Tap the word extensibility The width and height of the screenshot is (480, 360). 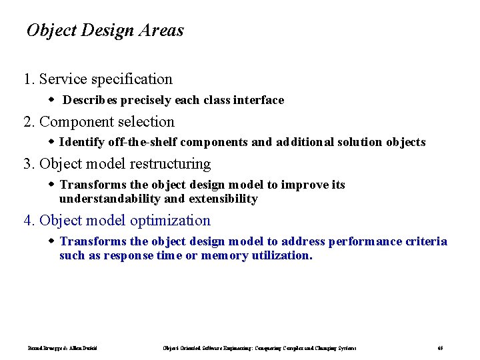click(223, 199)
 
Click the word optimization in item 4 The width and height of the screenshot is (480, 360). click(170, 221)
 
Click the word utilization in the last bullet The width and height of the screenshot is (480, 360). click(282, 255)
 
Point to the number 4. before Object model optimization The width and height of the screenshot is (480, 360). click(29, 221)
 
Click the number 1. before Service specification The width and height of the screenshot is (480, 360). click(29, 79)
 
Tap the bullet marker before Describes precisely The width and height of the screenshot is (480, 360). click(53, 100)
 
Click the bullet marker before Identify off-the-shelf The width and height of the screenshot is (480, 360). click(53, 142)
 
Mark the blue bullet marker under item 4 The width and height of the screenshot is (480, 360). click(53, 241)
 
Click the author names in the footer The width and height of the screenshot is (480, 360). click(63, 348)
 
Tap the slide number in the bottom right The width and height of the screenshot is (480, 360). click(440, 348)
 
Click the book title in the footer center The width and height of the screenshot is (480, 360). click(259, 348)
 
